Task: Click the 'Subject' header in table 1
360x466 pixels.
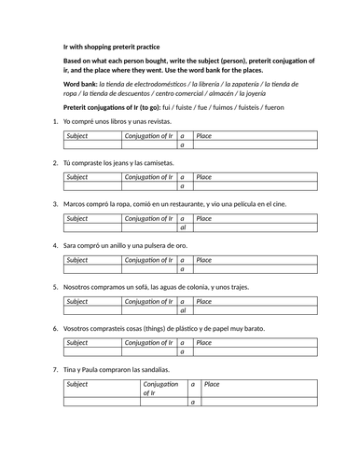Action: (78, 136)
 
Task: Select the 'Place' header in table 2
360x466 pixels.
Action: (204, 177)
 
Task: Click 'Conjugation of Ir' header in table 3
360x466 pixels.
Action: (149, 218)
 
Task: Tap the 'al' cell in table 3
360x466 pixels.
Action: (183, 227)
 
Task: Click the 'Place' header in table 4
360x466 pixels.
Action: (204, 259)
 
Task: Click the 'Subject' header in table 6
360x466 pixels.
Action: (78, 341)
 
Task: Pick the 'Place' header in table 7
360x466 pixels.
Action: (212, 383)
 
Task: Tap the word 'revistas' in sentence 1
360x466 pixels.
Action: (149, 122)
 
